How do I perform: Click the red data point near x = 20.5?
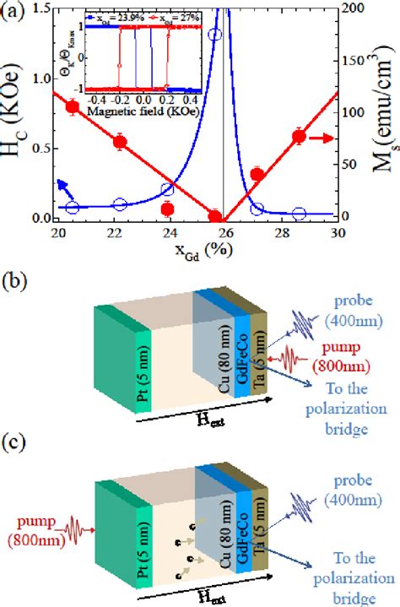coord(73,106)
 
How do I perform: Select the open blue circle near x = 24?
coord(168,190)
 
